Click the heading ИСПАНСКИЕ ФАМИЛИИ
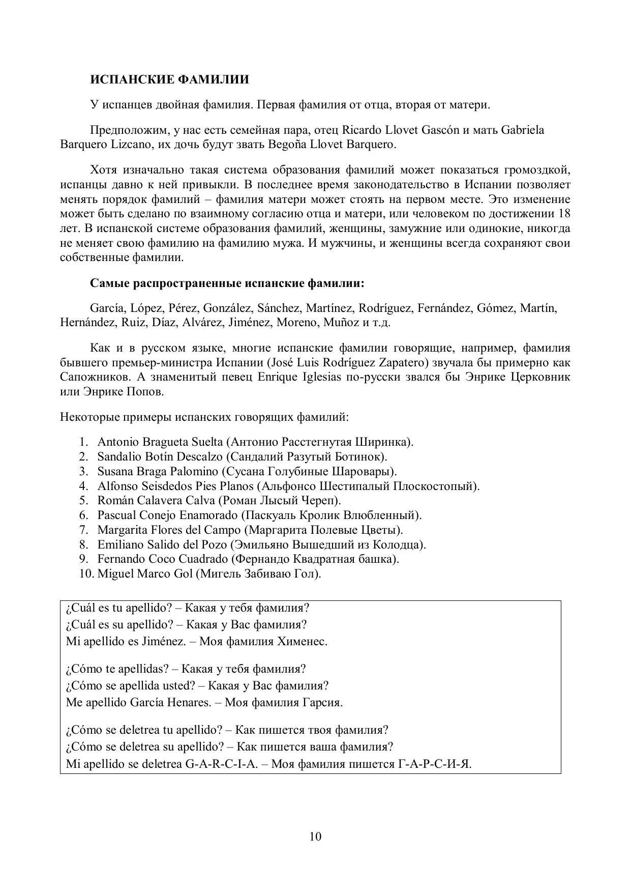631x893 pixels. pos(169,80)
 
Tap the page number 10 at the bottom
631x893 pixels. pos(315,837)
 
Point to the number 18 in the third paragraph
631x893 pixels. pos(564,214)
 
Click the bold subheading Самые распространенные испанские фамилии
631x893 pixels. pos(227,283)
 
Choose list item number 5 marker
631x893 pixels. pos(84,501)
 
